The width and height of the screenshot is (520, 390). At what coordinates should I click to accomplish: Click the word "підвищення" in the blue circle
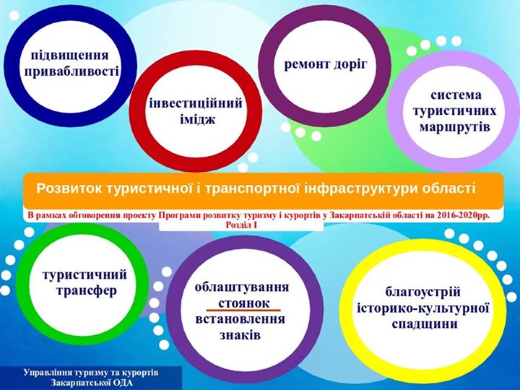pyautogui.click(x=69, y=55)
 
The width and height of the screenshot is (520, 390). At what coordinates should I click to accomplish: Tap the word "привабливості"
pyautogui.click(x=71, y=71)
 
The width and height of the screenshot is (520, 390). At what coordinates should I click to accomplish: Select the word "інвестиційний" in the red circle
pyautogui.click(x=196, y=103)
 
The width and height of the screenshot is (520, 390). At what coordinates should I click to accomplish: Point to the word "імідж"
pyautogui.click(x=198, y=119)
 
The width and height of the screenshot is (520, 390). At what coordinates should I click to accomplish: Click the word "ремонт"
pyautogui.click(x=306, y=64)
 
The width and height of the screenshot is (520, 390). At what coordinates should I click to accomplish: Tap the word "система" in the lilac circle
pyautogui.click(x=456, y=95)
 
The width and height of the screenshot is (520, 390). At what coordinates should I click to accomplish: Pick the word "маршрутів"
pyautogui.click(x=455, y=127)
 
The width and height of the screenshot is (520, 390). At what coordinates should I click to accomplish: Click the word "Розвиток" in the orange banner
pyautogui.click(x=69, y=188)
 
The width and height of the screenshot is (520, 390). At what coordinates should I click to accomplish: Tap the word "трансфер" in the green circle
pyautogui.click(x=87, y=291)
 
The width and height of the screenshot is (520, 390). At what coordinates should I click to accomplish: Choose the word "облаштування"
pyautogui.click(x=242, y=287)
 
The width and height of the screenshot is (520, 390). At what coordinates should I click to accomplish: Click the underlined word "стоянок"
pyautogui.click(x=244, y=303)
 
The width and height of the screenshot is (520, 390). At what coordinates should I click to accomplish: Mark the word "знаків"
pyautogui.click(x=240, y=335)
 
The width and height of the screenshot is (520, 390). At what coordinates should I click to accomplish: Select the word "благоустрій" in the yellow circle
pyautogui.click(x=423, y=292)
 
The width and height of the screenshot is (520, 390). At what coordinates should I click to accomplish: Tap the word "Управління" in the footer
pyautogui.click(x=48, y=373)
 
